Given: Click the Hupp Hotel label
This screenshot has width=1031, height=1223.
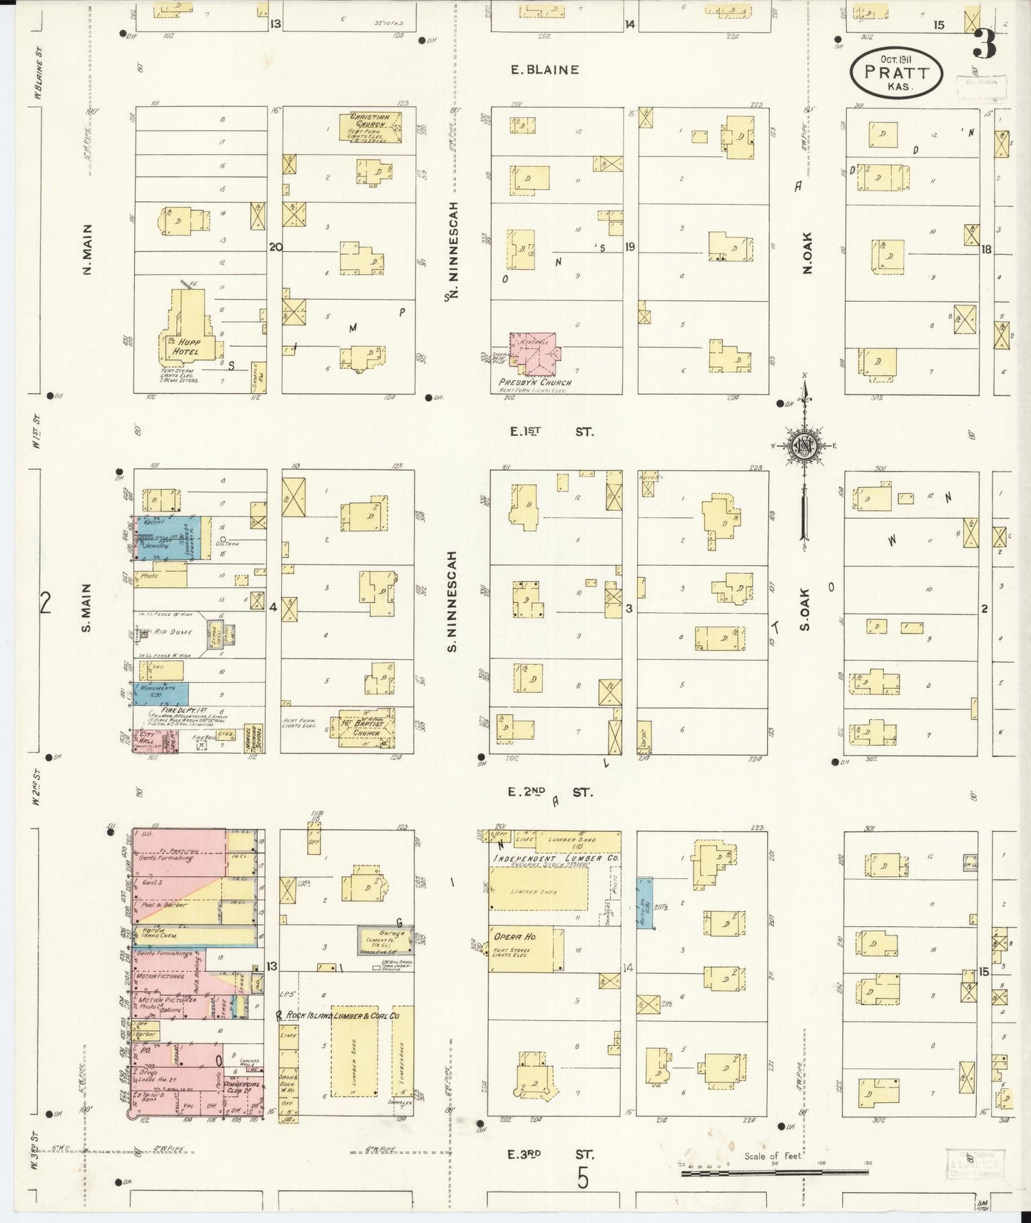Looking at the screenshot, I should click(189, 346).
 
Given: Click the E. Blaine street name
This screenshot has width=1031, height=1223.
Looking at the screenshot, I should click(544, 70).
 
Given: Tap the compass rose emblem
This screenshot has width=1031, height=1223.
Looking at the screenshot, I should click(804, 445).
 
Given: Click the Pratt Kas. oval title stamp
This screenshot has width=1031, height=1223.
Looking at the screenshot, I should click(896, 72).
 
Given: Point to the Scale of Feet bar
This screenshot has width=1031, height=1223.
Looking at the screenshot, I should click(776, 1172).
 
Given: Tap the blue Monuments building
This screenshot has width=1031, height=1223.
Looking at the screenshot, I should click(161, 693).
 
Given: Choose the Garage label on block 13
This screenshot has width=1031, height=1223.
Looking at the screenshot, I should click(392, 933).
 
